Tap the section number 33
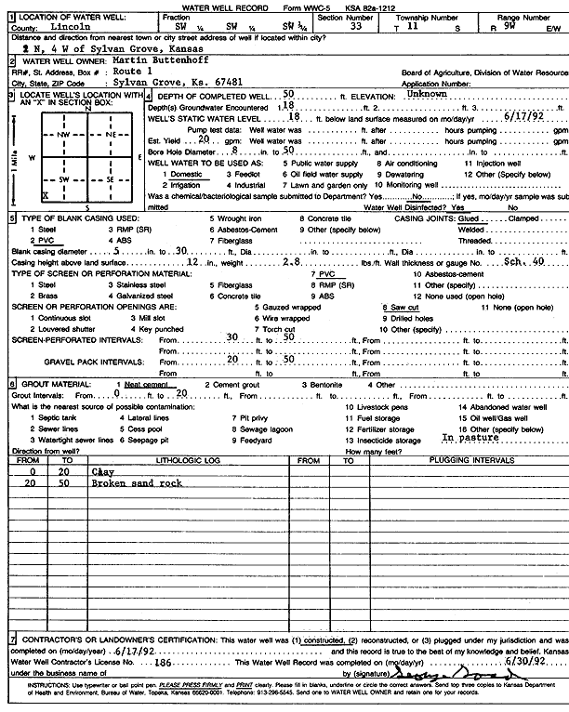coord(354,29)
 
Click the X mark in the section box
coord(45,195)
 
